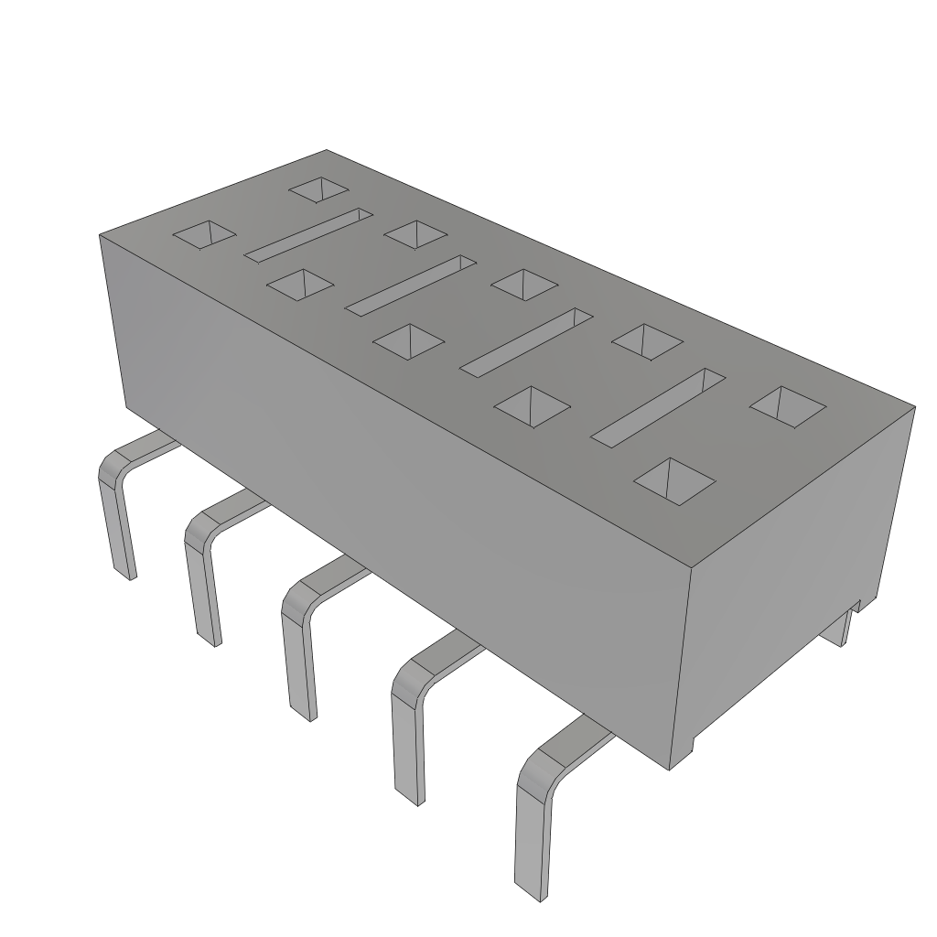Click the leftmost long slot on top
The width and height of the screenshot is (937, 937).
(308, 233)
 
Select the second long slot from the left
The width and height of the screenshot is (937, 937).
(411, 283)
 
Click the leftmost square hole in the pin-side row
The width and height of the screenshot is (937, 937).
(204, 235)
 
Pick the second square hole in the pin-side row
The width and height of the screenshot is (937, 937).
(300, 285)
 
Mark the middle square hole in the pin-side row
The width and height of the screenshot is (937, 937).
(408, 341)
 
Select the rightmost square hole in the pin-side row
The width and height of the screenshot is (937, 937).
(675, 481)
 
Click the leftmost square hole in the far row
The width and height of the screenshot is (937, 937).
(318, 190)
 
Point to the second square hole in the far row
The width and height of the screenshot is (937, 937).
(416, 233)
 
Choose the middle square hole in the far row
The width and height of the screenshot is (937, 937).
(523, 284)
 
